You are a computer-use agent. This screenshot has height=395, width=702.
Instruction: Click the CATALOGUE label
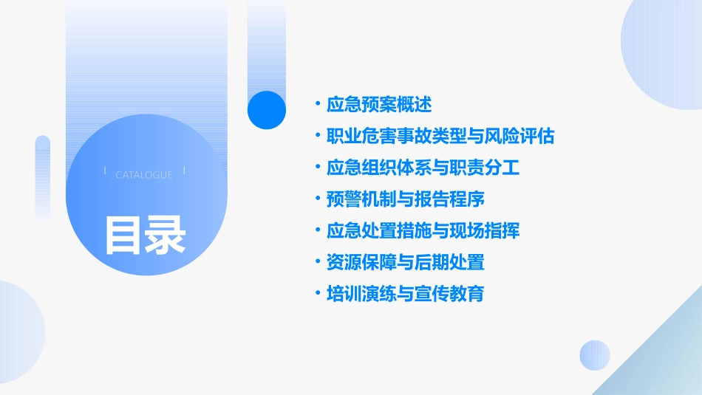144,175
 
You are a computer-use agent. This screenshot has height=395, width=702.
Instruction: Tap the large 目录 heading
145,234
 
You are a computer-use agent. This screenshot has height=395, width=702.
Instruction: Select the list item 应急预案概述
379,104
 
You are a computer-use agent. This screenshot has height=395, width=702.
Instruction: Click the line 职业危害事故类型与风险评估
440,136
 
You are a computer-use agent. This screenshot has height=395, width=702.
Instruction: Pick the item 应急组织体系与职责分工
423,168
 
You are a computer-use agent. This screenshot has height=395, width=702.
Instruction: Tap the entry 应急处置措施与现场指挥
423,230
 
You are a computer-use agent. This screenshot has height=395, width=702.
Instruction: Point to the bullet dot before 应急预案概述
317,104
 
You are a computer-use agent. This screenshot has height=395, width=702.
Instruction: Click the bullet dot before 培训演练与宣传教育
317,294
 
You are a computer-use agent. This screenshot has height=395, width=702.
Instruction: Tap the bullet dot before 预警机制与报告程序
317,199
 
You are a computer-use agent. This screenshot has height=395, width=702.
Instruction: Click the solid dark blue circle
267,110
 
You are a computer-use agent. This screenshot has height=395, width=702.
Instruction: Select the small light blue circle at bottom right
595,355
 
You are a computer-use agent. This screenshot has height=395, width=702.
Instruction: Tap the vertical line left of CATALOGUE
106,171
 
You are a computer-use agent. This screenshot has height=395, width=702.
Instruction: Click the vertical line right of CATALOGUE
184,171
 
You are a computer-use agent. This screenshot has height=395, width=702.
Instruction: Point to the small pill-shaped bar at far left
43,178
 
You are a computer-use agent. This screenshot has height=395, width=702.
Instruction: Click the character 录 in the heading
166,234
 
